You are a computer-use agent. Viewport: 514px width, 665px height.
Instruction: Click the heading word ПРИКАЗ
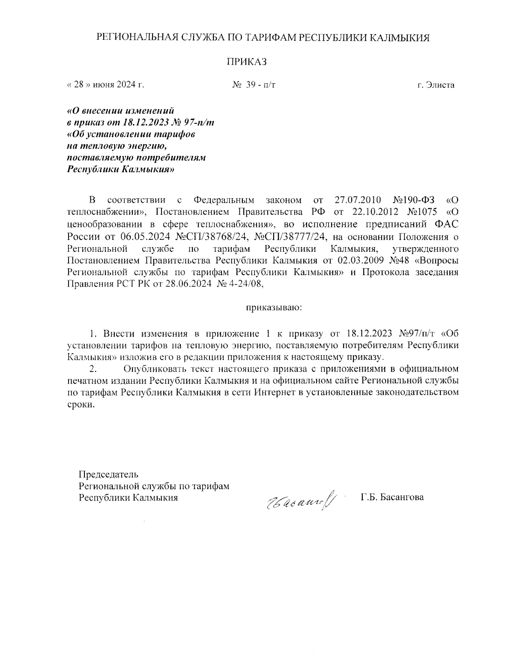coord(246,62)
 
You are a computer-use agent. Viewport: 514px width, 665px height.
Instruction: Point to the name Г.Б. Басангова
coord(392,497)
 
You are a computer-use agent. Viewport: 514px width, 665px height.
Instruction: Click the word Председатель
coord(108,474)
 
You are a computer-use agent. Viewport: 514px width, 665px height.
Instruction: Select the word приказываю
coord(274,307)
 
